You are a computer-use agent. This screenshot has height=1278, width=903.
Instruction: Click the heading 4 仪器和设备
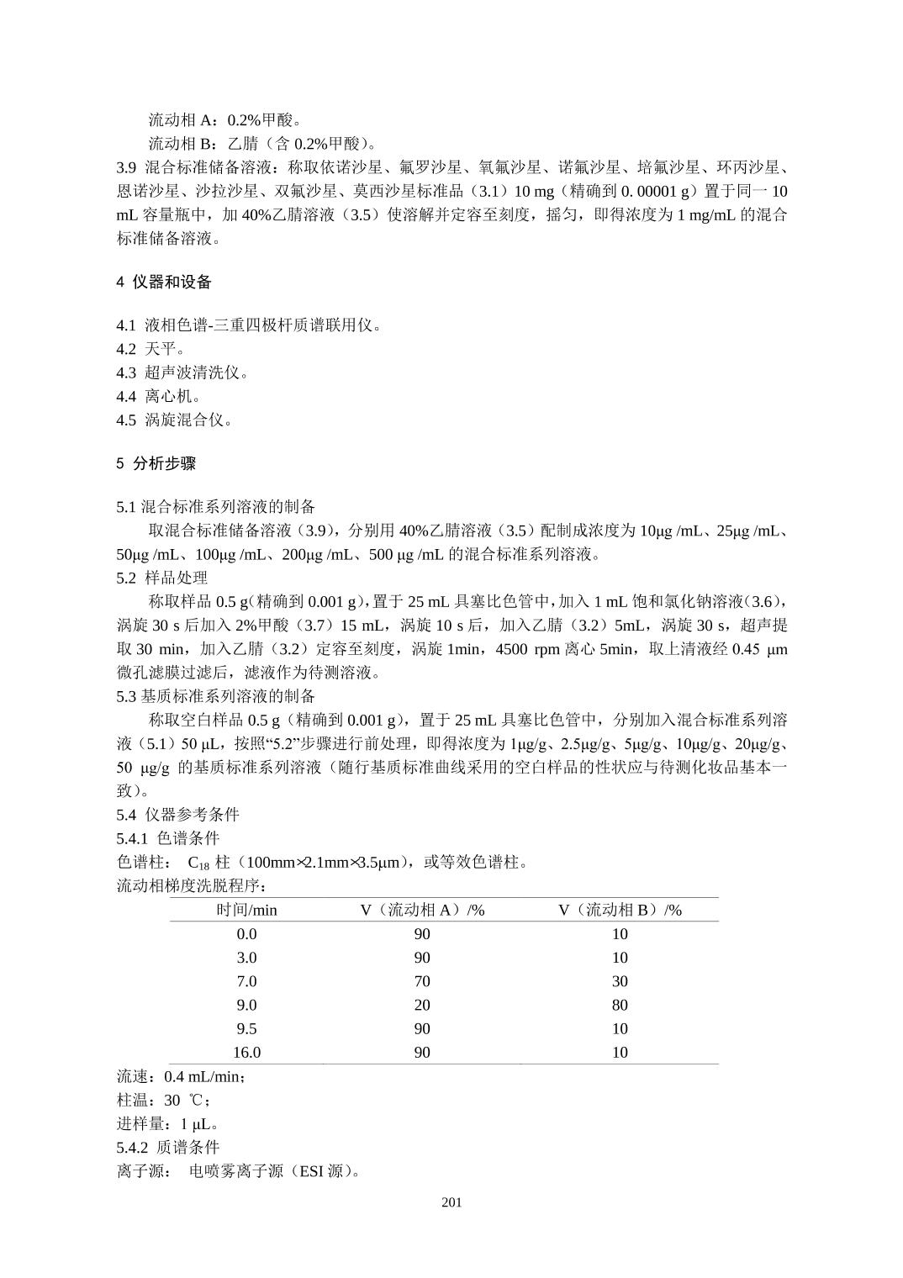click(x=164, y=283)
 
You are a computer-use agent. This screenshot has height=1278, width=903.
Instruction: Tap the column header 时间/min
click(x=246, y=910)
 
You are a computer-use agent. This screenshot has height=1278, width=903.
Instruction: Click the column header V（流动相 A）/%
click(x=422, y=910)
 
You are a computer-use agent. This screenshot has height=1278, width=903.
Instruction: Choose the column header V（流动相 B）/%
click(x=620, y=910)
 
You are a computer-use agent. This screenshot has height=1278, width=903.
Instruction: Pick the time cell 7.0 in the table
click(x=246, y=981)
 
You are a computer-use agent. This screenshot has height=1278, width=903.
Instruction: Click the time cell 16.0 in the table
click(x=246, y=1053)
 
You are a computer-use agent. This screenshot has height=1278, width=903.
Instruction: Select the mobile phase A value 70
click(x=422, y=981)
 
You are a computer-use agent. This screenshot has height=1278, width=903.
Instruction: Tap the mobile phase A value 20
click(x=422, y=1005)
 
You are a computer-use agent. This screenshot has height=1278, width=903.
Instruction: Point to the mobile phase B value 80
click(x=620, y=1005)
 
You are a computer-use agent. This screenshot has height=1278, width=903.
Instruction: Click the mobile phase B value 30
click(x=620, y=981)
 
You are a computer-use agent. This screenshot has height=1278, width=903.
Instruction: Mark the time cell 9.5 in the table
click(x=246, y=1028)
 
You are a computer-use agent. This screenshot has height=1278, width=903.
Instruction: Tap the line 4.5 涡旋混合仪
click(x=174, y=420)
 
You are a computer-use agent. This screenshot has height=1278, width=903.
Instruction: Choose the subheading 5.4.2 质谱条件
click(x=167, y=1148)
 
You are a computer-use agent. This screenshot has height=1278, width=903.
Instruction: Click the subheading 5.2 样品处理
click(x=161, y=578)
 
